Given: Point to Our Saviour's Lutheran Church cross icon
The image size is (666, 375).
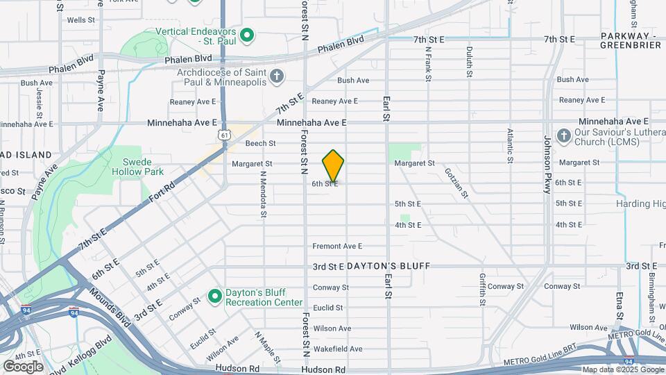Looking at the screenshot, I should coord(563,136).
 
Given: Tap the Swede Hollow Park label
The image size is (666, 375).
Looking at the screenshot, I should coord(137,166).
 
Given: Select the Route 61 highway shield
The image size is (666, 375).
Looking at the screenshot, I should coord(222,133).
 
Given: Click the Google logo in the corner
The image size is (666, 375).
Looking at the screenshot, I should coord(23,367).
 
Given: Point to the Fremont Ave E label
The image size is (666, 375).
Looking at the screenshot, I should coord(338,246).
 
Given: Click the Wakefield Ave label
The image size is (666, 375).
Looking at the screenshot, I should coord(337,349).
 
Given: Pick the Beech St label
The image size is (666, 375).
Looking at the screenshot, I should coord(261,144).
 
